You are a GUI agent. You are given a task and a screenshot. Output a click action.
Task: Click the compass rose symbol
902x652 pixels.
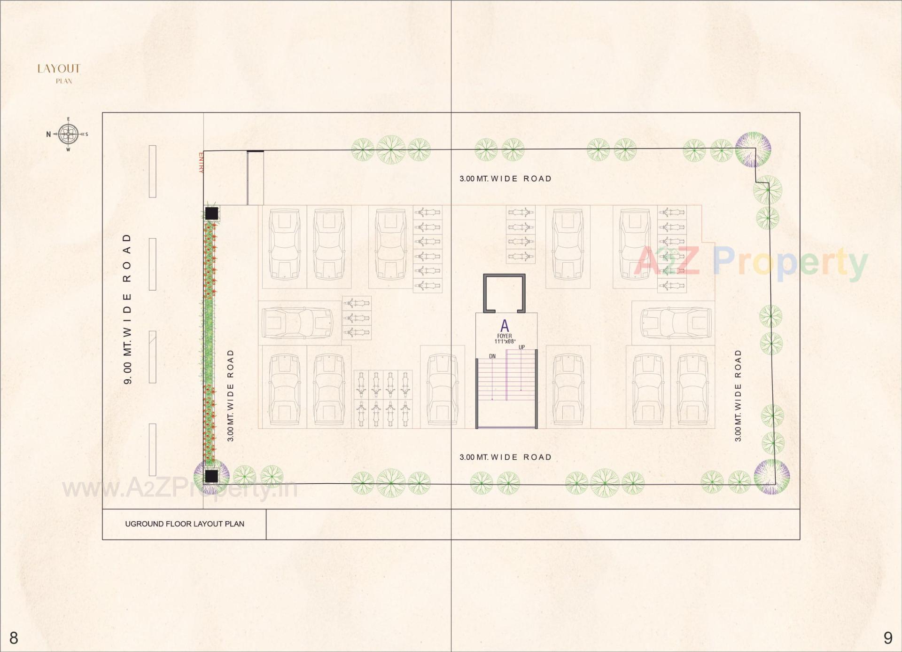click(69, 134)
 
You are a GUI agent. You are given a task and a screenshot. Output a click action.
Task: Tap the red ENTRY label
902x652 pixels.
click(201, 163)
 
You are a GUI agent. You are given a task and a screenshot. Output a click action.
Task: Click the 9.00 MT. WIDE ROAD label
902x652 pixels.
click(127, 308)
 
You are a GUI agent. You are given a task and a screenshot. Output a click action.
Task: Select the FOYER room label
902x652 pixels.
click(505, 336)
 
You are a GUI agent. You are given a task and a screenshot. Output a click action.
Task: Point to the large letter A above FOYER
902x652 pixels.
click(505, 326)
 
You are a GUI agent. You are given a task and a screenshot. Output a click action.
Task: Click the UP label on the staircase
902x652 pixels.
click(521, 347)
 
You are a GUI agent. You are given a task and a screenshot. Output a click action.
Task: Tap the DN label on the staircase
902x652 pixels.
click(492, 356)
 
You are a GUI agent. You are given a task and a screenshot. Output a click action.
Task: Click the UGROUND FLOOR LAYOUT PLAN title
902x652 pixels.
click(185, 524)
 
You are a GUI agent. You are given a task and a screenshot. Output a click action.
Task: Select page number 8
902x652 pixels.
click(14, 638)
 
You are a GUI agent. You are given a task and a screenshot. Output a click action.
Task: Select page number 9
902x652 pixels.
click(887, 638)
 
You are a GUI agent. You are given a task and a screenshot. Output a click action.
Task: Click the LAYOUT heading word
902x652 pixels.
click(59, 69)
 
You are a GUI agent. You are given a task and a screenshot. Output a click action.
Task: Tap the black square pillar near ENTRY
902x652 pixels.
click(212, 213)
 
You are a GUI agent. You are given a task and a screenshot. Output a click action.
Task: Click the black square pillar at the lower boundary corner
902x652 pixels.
click(211, 476)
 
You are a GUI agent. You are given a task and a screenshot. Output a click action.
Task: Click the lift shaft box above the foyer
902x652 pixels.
click(504, 293)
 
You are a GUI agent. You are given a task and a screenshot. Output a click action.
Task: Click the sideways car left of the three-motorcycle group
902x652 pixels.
click(297, 322)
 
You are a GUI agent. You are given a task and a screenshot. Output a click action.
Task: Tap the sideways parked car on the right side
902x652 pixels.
click(676, 322)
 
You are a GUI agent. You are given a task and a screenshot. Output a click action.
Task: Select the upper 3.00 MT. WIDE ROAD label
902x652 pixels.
click(505, 179)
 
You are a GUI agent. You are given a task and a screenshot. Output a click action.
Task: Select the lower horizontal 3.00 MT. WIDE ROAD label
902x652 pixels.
click(505, 457)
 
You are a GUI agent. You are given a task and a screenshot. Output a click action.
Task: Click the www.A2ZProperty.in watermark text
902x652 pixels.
click(180, 488)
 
